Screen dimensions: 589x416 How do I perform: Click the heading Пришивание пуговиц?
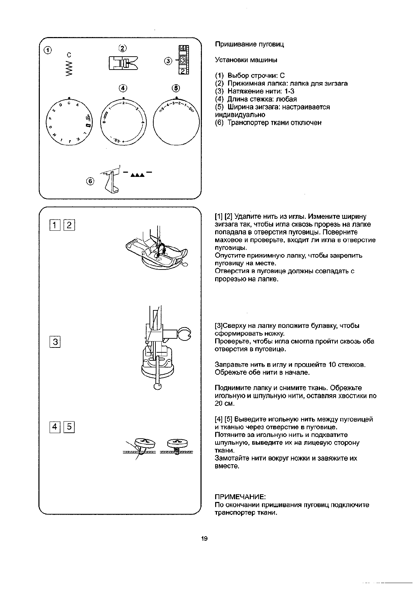(249, 44)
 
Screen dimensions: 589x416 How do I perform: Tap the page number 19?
(204, 538)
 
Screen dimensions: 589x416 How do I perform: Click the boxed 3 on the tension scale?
(183, 60)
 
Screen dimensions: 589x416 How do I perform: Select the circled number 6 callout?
(90, 181)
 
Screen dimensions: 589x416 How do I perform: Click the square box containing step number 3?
(55, 342)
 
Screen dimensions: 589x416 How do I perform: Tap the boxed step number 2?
(69, 225)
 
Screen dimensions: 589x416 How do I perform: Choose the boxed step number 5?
(69, 426)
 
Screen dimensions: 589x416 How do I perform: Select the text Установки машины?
(246, 60)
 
